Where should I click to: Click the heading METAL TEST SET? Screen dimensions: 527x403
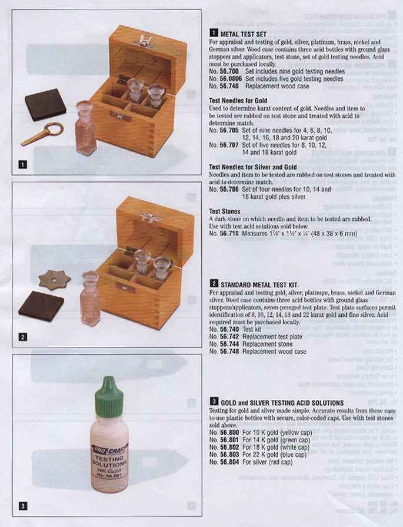[x=243, y=34]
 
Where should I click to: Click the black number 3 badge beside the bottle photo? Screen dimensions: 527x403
[x=22, y=505]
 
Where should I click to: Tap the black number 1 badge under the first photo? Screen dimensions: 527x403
[x=22, y=164]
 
